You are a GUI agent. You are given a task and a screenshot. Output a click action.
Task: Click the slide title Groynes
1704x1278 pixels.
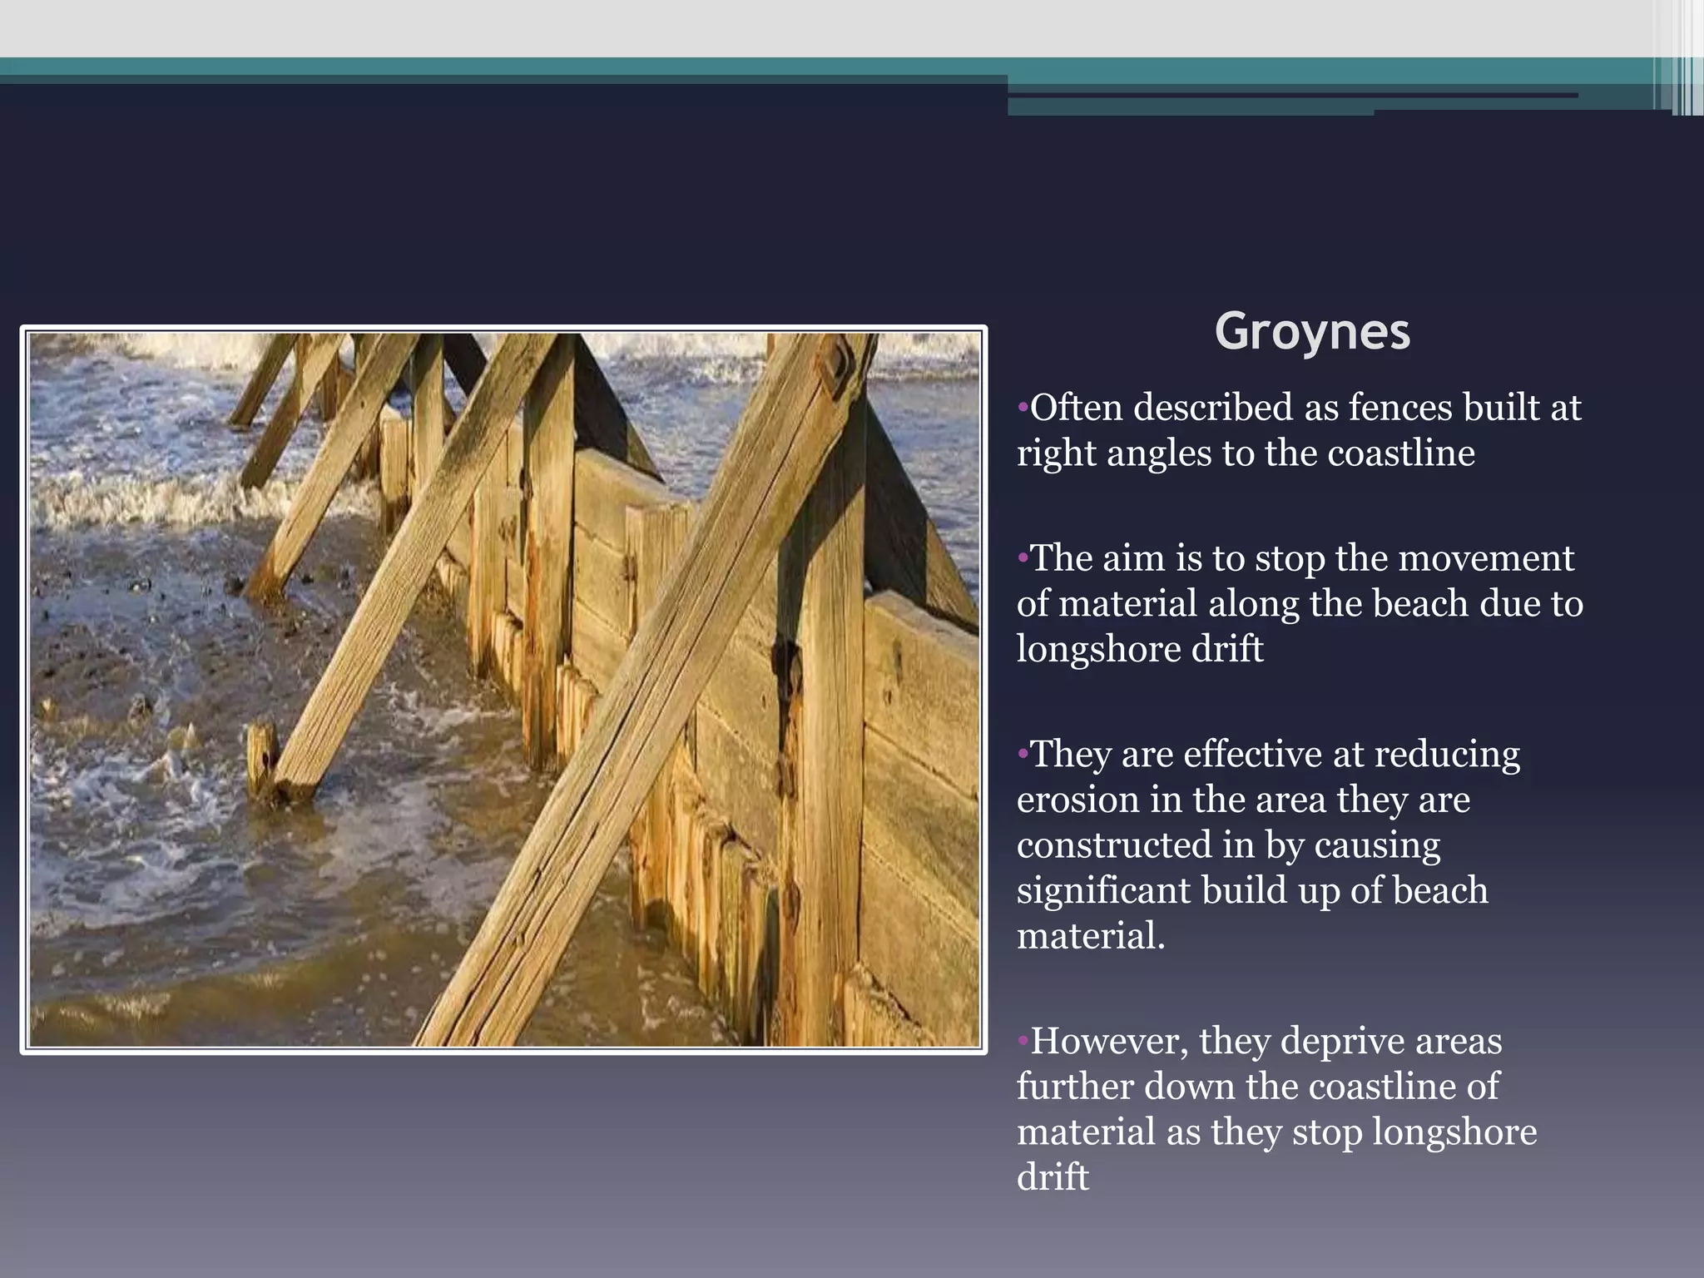pyautogui.click(x=1312, y=332)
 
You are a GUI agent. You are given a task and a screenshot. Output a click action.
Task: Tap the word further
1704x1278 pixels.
pyautogui.click(x=1074, y=1087)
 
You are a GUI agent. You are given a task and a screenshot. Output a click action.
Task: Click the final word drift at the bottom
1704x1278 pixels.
pyautogui.click(x=1053, y=1177)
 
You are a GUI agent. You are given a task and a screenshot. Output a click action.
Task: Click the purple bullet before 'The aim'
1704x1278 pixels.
pyautogui.click(x=1023, y=559)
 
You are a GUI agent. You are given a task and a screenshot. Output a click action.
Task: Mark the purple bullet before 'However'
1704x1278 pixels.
pyautogui.click(x=1023, y=1042)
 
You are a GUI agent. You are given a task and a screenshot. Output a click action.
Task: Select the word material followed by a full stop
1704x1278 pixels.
pyautogui.click(x=1090, y=937)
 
